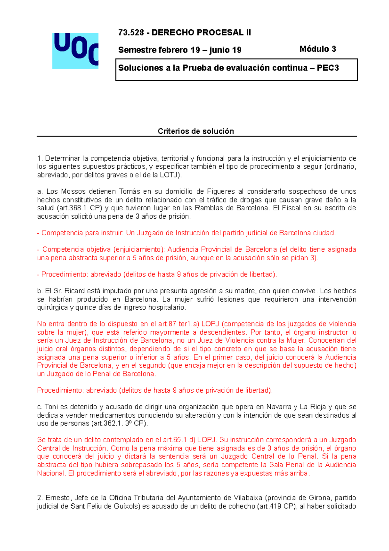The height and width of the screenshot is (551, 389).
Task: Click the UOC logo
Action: pos(75,51)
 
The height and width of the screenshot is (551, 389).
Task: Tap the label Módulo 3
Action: pos(317,49)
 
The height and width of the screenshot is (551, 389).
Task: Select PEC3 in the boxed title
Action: pos(328,68)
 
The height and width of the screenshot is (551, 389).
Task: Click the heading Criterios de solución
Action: pos(195,131)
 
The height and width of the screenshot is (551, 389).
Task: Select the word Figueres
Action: pos(221,191)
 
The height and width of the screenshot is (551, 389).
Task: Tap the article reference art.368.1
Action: pos(74,208)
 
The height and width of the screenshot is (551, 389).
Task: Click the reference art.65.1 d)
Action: pos(179,440)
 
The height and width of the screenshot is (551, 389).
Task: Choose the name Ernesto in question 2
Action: pos(57,498)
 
